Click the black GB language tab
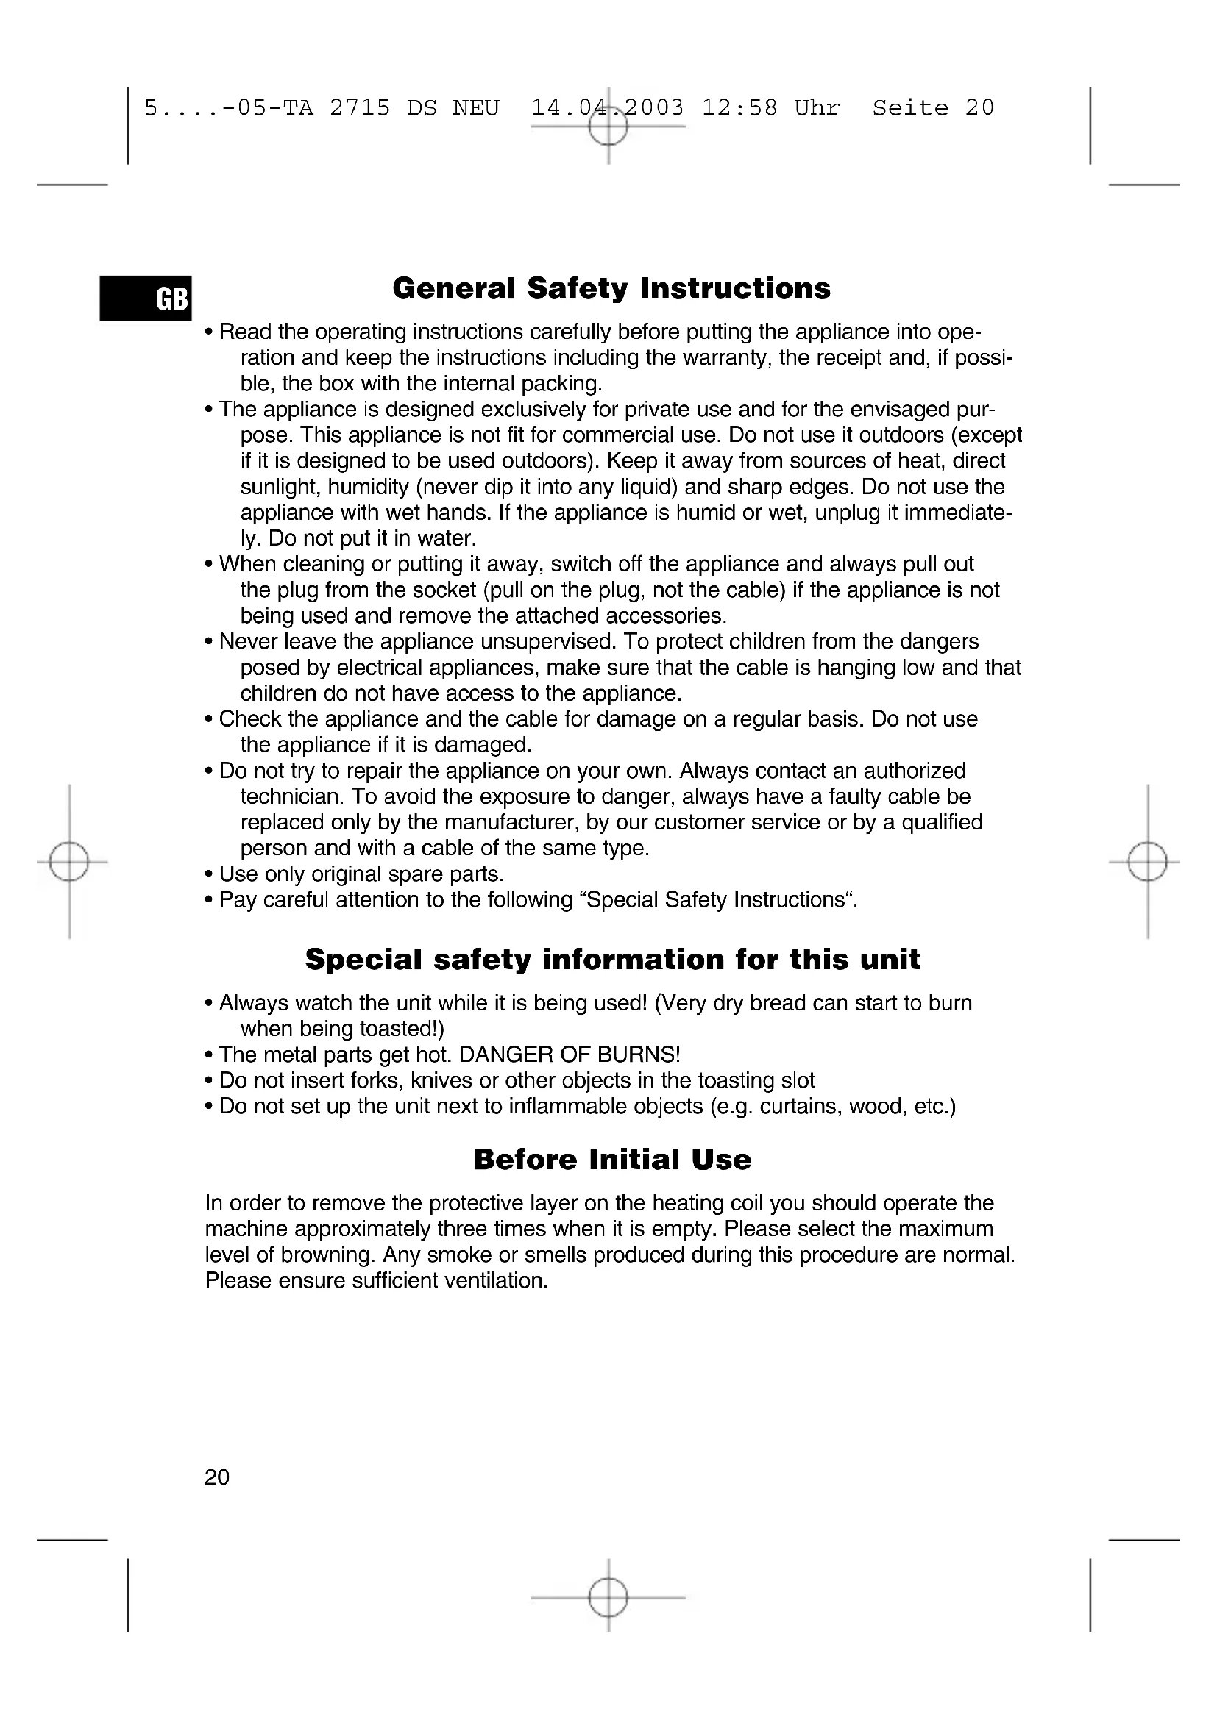pyautogui.click(x=146, y=299)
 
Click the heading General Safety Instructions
pyautogui.click(x=611, y=288)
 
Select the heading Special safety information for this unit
pyautogui.click(x=612, y=960)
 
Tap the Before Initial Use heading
pyautogui.click(x=612, y=1160)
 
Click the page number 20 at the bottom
pyautogui.click(x=217, y=1477)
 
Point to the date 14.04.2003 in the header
pyautogui.click(x=608, y=108)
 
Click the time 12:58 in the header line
pyautogui.click(x=739, y=108)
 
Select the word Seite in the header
pyautogui.click(x=910, y=108)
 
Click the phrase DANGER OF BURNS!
pyautogui.click(x=570, y=1055)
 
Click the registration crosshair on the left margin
pyautogui.click(x=69, y=863)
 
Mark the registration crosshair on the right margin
pyautogui.click(x=1147, y=863)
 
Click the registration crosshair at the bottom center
pyautogui.click(x=608, y=1598)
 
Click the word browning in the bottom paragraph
pyautogui.click(x=324, y=1255)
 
